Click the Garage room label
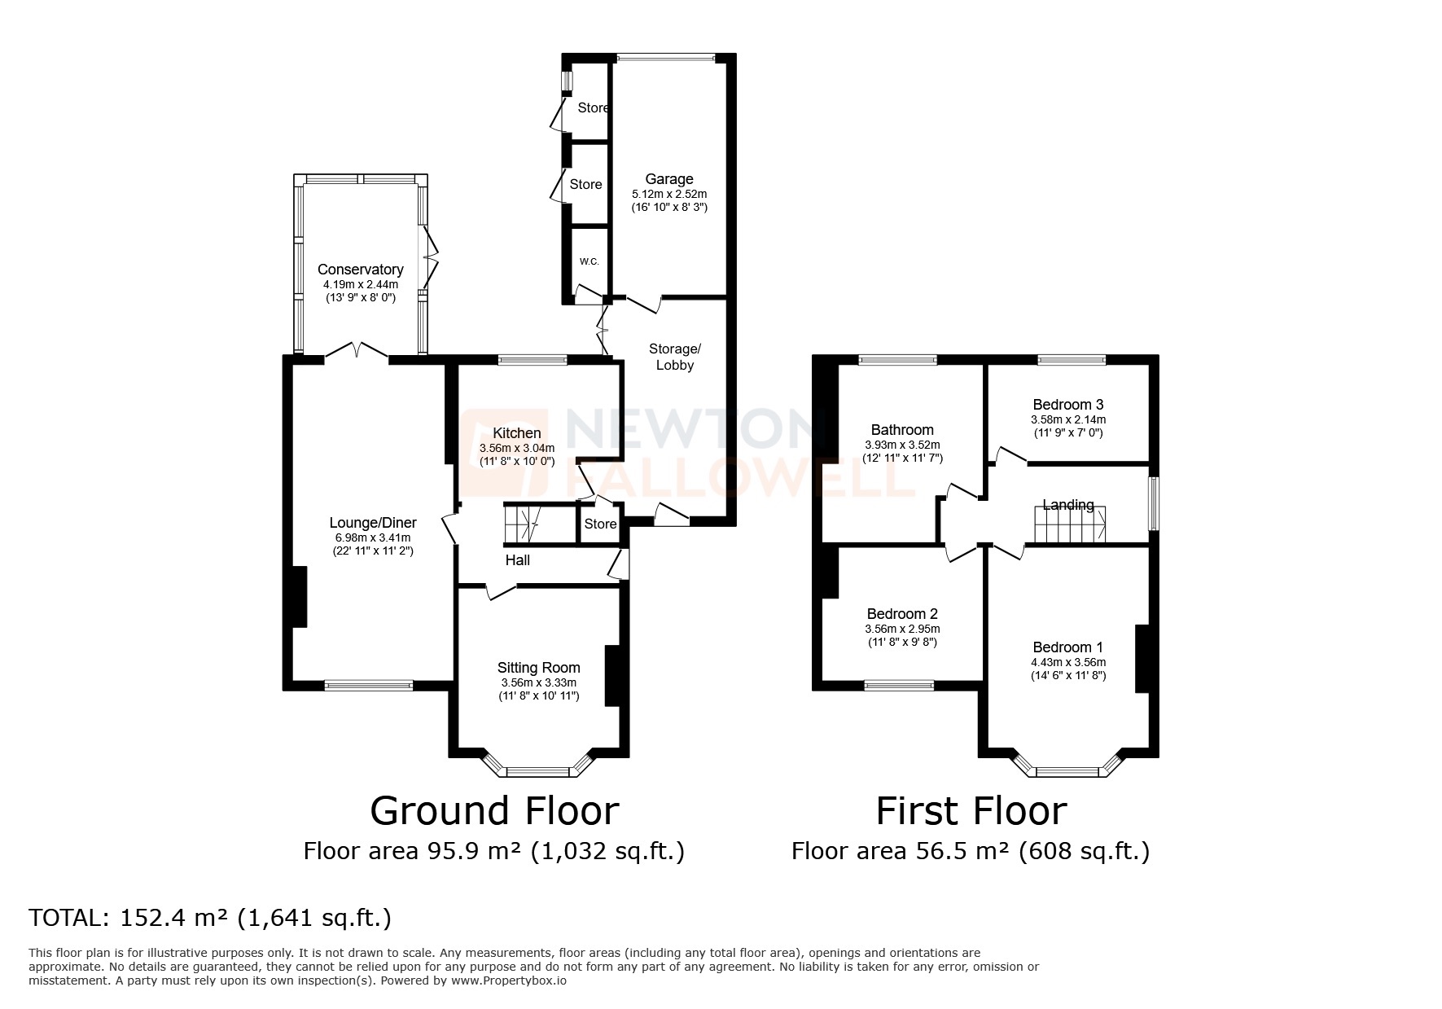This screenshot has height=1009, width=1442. pyautogui.click(x=669, y=179)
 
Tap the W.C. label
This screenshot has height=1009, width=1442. pyautogui.click(x=589, y=261)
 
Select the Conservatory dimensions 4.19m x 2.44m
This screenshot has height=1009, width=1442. pyautogui.click(x=360, y=284)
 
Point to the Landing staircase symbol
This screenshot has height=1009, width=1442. pyautogui.click(x=1070, y=525)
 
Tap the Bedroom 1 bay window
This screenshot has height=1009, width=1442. pyautogui.click(x=1067, y=770)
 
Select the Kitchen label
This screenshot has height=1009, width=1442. pyautogui.click(x=516, y=433)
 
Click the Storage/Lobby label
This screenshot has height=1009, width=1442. pyautogui.click(x=674, y=357)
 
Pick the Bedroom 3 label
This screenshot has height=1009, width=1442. pyautogui.click(x=1067, y=405)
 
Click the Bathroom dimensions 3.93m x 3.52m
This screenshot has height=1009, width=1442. pyautogui.click(x=902, y=445)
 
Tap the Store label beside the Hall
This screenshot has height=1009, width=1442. pyautogui.click(x=600, y=524)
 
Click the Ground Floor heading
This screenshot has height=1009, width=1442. pyautogui.click(x=494, y=811)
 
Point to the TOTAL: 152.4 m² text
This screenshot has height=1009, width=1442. pyautogui.click(x=210, y=918)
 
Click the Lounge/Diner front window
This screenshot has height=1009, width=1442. pyautogui.click(x=368, y=686)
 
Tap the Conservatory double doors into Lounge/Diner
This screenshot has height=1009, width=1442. pyautogui.click(x=356, y=353)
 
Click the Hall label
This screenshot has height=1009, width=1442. pyautogui.click(x=518, y=560)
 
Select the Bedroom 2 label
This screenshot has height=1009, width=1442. pyautogui.click(x=902, y=614)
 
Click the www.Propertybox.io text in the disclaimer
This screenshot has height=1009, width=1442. pyautogui.click(x=509, y=981)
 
